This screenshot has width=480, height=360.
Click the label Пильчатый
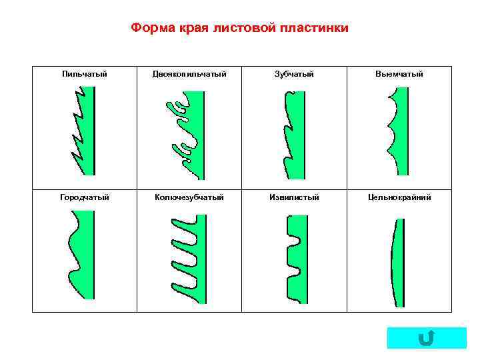click(85, 74)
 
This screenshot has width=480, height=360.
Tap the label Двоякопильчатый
click(189, 74)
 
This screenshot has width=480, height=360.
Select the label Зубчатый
click(294, 74)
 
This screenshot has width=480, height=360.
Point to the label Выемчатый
click(399, 74)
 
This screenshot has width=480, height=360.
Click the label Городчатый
click(85, 197)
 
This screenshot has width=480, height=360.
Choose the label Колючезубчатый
click(189, 197)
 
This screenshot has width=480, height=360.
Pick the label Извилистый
click(294, 197)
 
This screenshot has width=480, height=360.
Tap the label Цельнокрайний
click(399, 197)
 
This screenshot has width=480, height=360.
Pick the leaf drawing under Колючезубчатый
click(193, 260)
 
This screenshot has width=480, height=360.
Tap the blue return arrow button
click(427, 338)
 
